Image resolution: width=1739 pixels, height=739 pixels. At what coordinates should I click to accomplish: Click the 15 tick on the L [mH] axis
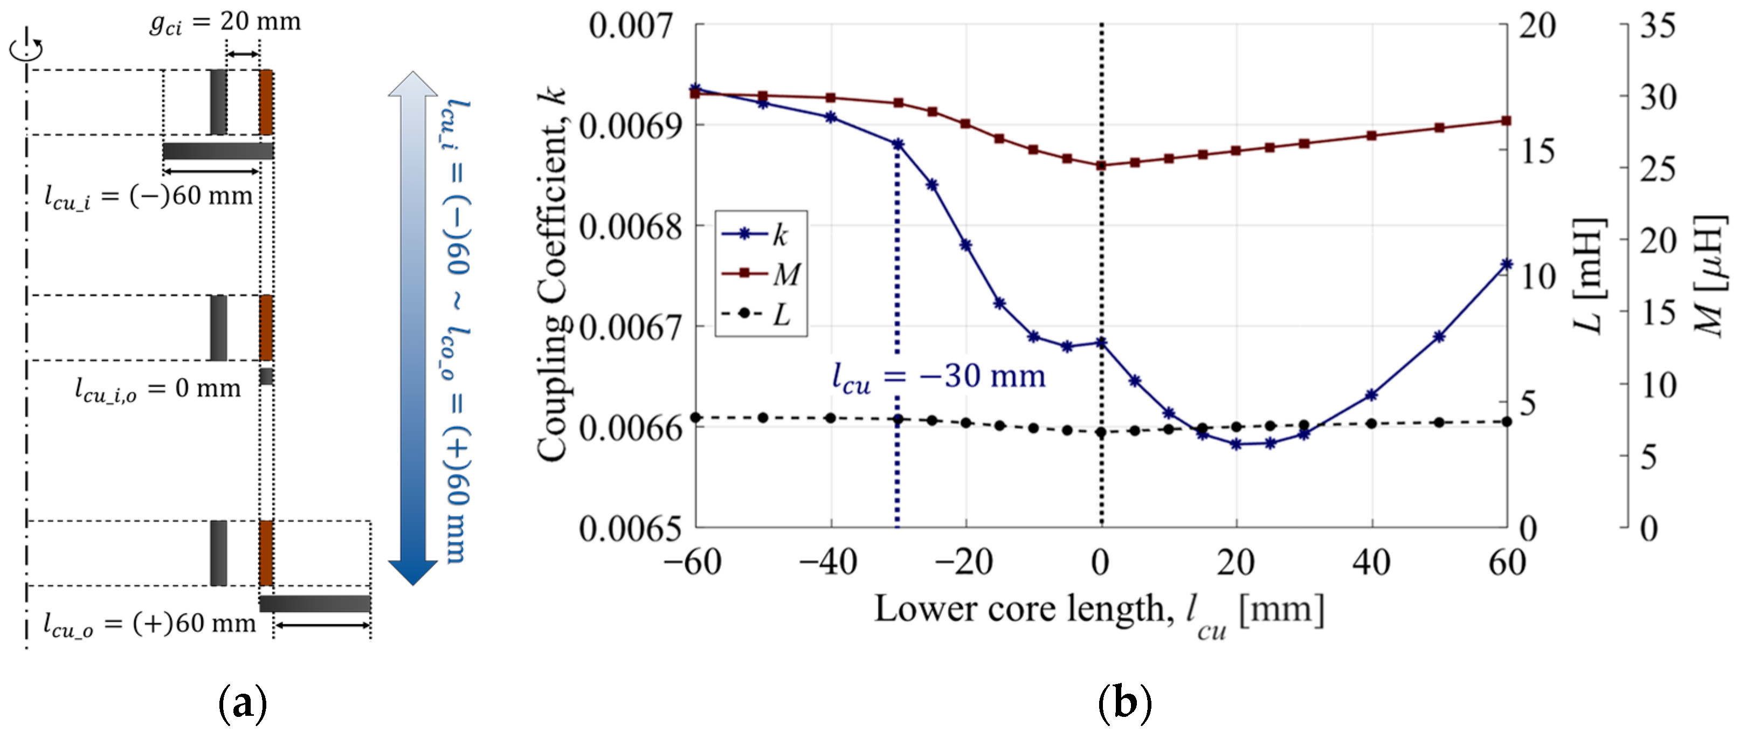(x=1537, y=150)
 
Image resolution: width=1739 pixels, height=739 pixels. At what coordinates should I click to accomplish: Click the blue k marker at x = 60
(x=1506, y=264)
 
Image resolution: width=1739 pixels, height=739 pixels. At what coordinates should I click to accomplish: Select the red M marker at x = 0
(x=1101, y=165)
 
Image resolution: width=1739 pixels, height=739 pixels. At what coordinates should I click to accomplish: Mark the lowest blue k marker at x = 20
(x=1236, y=444)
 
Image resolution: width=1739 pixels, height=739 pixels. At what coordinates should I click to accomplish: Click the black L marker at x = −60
(x=696, y=418)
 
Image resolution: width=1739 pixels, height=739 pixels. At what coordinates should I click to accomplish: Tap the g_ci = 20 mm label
(x=225, y=22)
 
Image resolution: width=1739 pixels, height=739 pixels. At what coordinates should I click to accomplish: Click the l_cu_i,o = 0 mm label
(x=157, y=389)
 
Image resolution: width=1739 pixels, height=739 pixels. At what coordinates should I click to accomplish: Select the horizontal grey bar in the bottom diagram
(x=315, y=603)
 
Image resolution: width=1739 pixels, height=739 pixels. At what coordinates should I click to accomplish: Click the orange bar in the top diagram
(x=266, y=102)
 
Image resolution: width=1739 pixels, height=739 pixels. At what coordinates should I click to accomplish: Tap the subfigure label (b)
(x=1124, y=703)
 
